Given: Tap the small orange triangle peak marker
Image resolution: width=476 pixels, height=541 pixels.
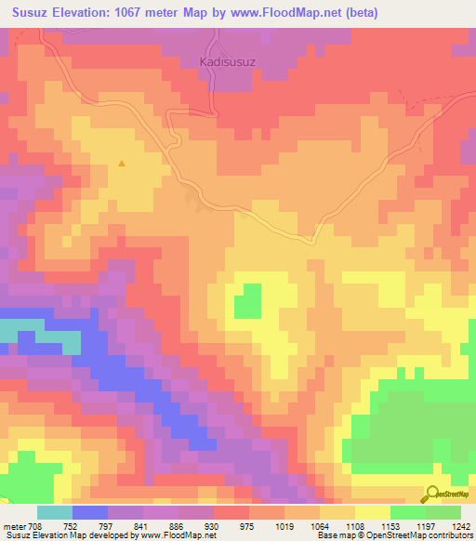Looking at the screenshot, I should coord(122,165).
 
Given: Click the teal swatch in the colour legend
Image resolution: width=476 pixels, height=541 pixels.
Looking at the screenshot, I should coord(55,512).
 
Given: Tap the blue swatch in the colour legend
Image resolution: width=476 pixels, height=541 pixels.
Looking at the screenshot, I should coord(90,512).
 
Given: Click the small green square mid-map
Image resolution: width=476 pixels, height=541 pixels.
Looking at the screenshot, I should coord(247,302).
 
